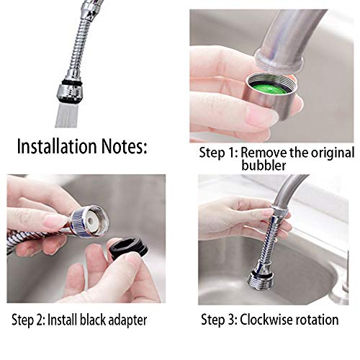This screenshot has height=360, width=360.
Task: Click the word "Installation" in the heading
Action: pos(57,146)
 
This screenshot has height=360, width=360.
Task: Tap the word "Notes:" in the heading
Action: pos(124,146)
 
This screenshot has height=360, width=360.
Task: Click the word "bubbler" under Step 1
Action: pos(264,166)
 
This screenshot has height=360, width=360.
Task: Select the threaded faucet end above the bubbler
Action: pos(279,60)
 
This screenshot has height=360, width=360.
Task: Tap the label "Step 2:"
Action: pos(28,320)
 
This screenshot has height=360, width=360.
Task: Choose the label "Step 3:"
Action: pos(219,320)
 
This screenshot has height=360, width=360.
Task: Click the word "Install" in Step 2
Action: pos(63,320)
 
